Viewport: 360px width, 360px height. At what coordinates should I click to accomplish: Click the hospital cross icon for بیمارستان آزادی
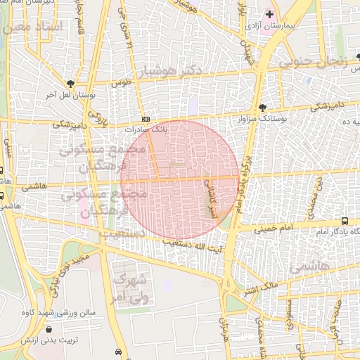tap(269, 14)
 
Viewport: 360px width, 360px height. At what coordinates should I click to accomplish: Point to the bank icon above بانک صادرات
tap(146, 120)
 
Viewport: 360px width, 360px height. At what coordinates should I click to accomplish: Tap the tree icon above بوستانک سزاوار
tap(263, 108)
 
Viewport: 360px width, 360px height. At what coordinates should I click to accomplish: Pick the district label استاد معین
tap(32, 27)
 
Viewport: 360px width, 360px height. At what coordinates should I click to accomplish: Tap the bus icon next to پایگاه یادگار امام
tap(344, 221)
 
